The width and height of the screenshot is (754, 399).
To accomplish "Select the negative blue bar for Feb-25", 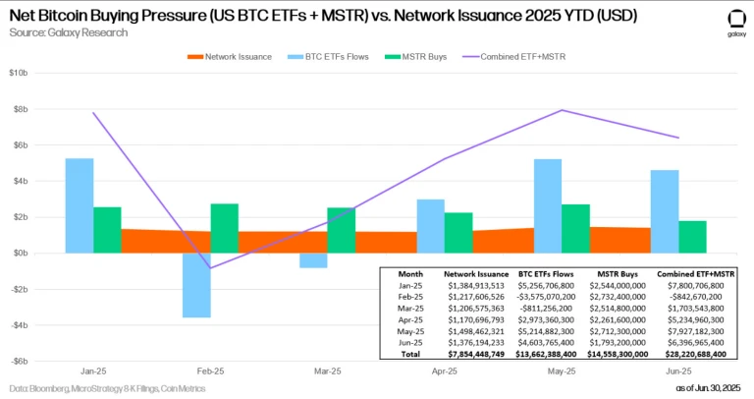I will click(196, 285).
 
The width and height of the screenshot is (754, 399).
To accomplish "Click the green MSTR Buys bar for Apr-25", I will click(458, 232).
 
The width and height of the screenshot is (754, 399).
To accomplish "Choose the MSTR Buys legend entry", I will click(421, 56).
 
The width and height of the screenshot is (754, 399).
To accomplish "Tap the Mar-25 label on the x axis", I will click(327, 372).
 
